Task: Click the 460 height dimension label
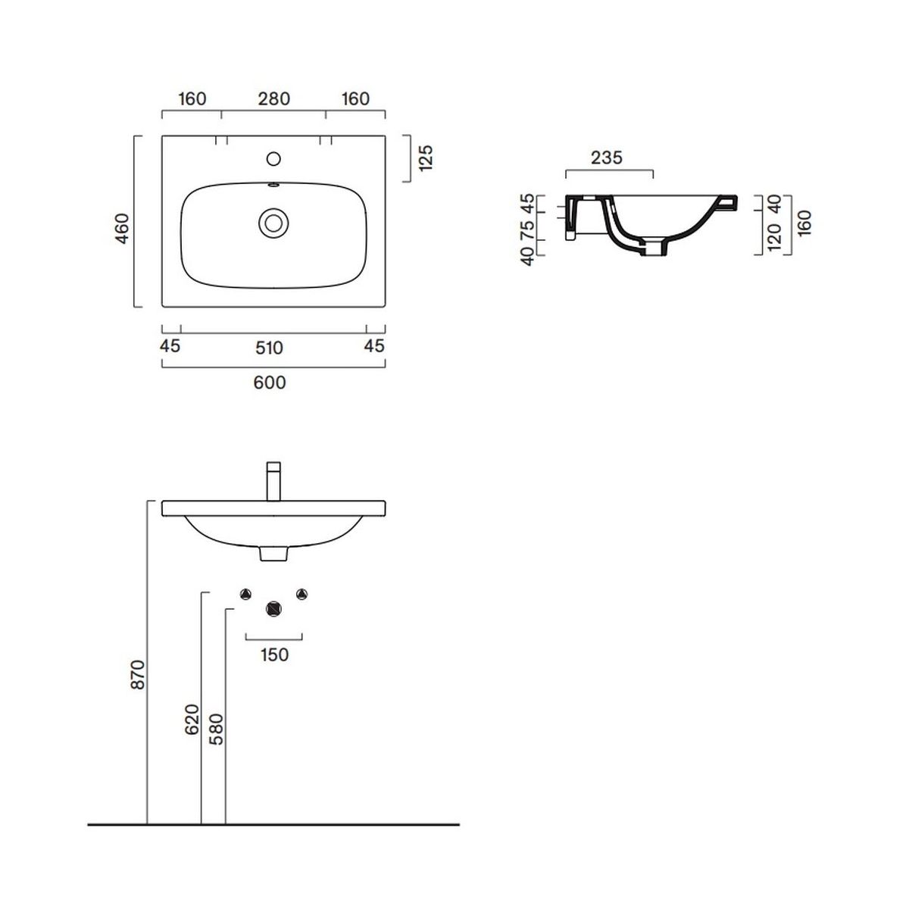pyautogui.click(x=122, y=229)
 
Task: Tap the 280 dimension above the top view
pyautogui.click(x=273, y=99)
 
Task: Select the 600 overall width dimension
pyautogui.click(x=270, y=383)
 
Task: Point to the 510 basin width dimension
pyautogui.click(x=269, y=348)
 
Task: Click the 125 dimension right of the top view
pyautogui.click(x=425, y=158)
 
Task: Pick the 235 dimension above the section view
pyautogui.click(x=607, y=158)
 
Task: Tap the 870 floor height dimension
pyautogui.click(x=138, y=675)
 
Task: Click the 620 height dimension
pyautogui.click(x=192, y=720)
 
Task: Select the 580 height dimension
pyautogui.click(x=216, y=729)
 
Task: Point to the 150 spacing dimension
pyautogui.click(x=274, y=654)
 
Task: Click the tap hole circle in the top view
pyautogui.click(x=273, y=159)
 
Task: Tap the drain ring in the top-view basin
pyautogui.click(x=273, y=223)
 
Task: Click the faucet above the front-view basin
pyautogui.click(x=273, y=481)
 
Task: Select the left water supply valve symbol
pyautogui.click(x=245, y=595)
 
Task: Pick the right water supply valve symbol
pyautogui.click(x=302, y=595)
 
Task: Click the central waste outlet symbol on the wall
pyautogui.click(x=273, y=609)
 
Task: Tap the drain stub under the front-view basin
pyautogui.click(x=273, y=553)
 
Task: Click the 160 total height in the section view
pyautogui.click(x=804, y=223)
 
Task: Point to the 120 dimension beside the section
pyautogui.click(x=775, y=237)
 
